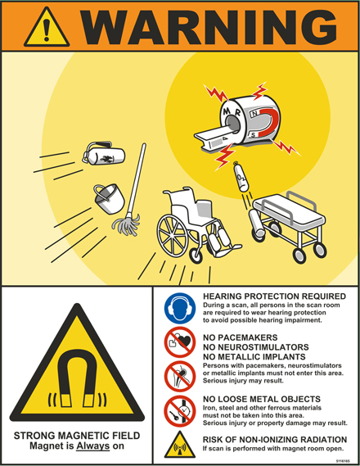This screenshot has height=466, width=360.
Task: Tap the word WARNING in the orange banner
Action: pyautogui.click(x=209, y=27)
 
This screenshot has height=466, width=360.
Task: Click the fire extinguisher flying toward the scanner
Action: pyautogui.click(x=104, y=153)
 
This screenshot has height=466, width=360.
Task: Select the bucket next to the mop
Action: pyautogui.click(x=109, y=198)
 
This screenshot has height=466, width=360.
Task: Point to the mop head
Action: pyautogui.click(x=126, y=224)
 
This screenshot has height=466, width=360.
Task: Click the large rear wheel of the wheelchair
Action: pyautogui.click(x=173, y=234)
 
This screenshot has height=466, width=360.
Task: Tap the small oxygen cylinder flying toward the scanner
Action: pyautogui.click(x=241, y=177)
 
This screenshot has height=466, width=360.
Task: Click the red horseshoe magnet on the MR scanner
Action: pyautogui.click(x=268, y=123)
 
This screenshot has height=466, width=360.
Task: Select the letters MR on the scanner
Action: pyautogui.click(x=232, y=113)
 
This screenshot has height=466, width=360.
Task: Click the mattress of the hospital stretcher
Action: pyautogui.click(x=289, y=210)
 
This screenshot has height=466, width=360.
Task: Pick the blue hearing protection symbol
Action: pyautogui.click(x=180, y=308)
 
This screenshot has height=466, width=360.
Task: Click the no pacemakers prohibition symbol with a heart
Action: pyautogui.click(x=180, y=342)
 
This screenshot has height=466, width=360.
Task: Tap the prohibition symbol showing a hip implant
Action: pyautogui.click(x=180, y=377)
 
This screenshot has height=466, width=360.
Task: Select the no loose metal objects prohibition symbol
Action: pyautogui.click(x=180, y=411)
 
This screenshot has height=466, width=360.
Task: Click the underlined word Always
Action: pyautogui.click(x=93, y=446)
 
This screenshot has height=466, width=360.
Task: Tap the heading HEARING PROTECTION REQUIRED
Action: pyautogui.click(x=275, y=296)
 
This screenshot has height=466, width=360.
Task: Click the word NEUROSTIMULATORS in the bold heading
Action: pyautogui.click(x=256, y=347)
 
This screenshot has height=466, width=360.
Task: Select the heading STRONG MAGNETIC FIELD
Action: pyautogui.click(x=77, y=436)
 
